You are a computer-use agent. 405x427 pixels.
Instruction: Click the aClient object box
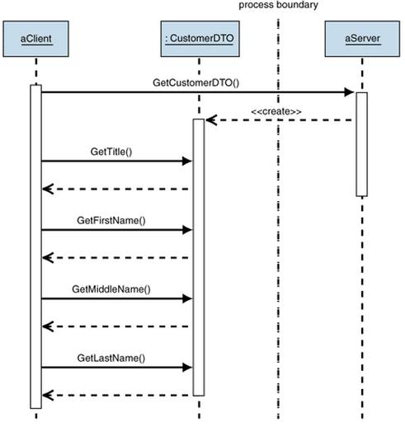pos(35,39)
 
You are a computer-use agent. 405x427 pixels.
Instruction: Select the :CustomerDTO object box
pos(200,39)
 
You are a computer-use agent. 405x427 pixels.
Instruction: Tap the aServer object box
pos(362,39)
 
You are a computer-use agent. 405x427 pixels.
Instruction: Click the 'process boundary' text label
pos(278,5)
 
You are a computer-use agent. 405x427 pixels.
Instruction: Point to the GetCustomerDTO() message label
pos(195,82)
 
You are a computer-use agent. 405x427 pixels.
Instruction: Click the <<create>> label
pos(276,111)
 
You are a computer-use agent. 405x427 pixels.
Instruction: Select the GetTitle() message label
pos(111,152)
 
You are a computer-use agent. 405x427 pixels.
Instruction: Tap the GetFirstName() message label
pos(111,220)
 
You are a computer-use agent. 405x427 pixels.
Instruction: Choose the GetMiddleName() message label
pos(111,289)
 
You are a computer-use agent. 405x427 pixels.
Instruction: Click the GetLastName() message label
pos(111,358)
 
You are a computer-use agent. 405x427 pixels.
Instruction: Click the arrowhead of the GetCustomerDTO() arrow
pos(350,92)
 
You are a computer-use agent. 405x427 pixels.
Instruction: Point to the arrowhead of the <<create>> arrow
pos(211,120)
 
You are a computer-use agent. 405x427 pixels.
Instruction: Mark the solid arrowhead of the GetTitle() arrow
pos(187,161)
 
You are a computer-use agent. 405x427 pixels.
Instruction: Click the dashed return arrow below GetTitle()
pos(115,189)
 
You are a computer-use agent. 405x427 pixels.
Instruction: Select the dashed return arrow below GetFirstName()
pos(115,258)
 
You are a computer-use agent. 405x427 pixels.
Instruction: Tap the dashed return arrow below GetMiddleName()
pos(115,326)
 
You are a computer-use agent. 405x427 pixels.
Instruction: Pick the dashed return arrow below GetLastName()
pos(115,395)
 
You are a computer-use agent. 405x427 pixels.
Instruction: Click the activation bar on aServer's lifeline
pos(362,144)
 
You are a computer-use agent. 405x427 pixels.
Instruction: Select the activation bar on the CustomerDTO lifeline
pos(199,257)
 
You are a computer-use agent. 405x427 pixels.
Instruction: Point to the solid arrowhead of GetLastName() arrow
pos(187,367)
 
